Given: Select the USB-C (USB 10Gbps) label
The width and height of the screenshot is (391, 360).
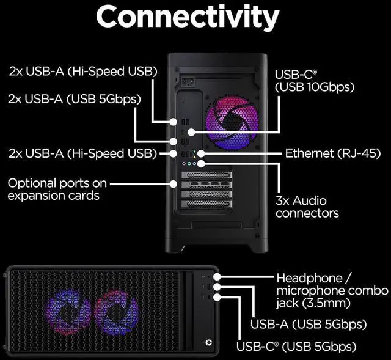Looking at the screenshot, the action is (315, 81).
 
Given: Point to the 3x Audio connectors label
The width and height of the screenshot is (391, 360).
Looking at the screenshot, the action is (307, 207).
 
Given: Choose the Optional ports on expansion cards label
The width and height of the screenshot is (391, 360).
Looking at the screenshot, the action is (57, 189).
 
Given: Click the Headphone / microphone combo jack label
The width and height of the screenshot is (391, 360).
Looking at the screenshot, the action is (332, 290).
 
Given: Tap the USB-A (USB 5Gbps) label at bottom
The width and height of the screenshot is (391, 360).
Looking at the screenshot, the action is (309, 324).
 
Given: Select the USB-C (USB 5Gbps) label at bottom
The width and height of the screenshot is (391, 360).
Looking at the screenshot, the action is (296, 347).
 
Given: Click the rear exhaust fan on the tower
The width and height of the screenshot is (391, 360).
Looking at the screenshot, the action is (233, 123).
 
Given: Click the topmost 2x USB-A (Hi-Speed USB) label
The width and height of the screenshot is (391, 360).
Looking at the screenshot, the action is (82, 71).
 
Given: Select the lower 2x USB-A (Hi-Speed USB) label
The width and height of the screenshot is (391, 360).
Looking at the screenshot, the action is (82, 153).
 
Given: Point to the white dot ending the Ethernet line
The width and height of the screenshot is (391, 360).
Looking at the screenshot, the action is (197, 153).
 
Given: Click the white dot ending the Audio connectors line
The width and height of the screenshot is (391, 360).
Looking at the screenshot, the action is (201, 163).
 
